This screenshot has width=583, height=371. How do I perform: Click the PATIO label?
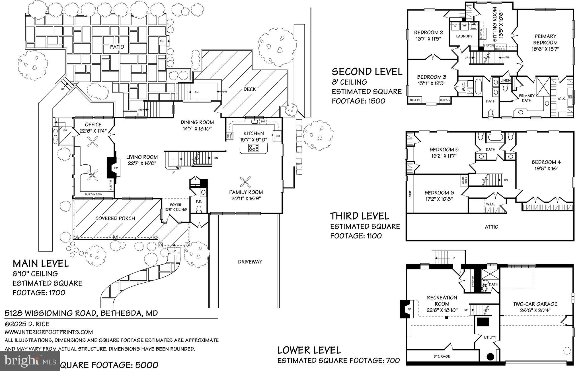tap(117, 47)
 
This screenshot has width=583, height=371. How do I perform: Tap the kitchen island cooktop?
tap(254, 148)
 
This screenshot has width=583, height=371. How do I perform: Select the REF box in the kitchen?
tap(278, 136)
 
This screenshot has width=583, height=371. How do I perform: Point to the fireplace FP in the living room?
tap(116, 168)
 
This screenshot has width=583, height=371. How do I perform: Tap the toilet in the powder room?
tap(199, 210)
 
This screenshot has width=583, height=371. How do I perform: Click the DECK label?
tap(250, 89)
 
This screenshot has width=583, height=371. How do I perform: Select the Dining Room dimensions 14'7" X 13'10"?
tap(197, 129)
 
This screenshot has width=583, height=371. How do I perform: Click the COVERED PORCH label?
tap(115, 218)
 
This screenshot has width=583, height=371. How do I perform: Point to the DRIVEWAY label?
tap(250, 262)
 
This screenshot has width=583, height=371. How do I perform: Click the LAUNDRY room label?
tap(464, 36)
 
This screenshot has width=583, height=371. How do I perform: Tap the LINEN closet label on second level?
tap(506, 81)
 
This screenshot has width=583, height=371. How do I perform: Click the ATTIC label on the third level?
tap(491, 227)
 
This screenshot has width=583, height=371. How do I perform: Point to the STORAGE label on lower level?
tap(442, 356)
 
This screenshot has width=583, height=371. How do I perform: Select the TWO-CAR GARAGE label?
tap(535, 304)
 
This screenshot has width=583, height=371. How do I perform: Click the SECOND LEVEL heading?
tap(367, 72)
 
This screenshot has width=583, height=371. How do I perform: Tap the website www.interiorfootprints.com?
tap(49, 332)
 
